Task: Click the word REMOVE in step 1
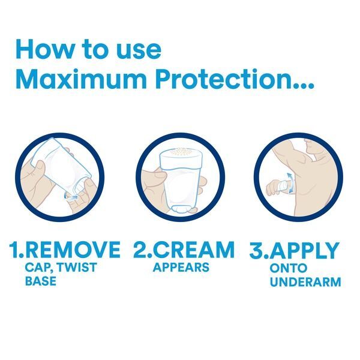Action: point(74,250)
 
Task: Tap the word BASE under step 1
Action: point(41,281)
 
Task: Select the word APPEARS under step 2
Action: point(181,267)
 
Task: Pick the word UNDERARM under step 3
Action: point(305,282)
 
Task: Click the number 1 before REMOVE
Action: point(15,250)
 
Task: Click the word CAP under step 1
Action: point(38,267)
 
